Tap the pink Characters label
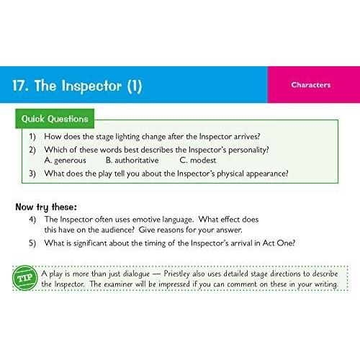(x=311, y=85)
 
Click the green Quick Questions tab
(x=55, y=119)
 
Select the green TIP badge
(x=25, y=278)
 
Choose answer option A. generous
(x=65, y=161)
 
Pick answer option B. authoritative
(x=132, y=160)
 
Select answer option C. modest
(x=198, y=160)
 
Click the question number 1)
(x=32, y=137)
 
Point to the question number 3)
(x=32, y=174)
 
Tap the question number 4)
(x=32, y=220)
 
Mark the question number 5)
(x=32, y=243)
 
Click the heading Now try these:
(x=46, y=207)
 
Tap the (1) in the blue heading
(x=135, y=86)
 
